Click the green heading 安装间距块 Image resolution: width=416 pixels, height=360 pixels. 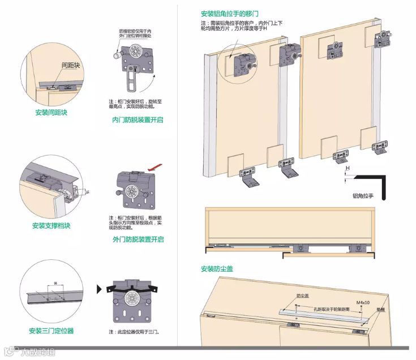tap(51, 113)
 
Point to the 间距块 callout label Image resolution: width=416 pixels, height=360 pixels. tap(70, 66)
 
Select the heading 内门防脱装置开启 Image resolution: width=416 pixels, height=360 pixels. tap(137, 120)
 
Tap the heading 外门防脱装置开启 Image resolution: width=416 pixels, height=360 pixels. tap(138, 239)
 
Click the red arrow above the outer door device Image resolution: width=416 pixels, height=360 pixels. tap(155, 168)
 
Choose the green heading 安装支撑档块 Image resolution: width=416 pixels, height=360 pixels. tap(51, 226)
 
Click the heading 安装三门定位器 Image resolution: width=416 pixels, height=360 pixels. tap(51, 331)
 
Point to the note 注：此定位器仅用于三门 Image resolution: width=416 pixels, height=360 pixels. tap(133, 331)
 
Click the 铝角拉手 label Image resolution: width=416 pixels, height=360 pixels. tap(363, 196)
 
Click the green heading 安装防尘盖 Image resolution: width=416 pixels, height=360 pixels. tap(217, 269)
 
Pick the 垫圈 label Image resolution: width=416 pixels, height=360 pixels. tap(380, 310)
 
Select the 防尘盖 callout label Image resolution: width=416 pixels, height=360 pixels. tap(303, 296)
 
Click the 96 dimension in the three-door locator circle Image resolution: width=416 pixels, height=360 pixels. tap(55, 282)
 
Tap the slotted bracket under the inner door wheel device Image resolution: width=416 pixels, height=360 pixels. tap(131, 80)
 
